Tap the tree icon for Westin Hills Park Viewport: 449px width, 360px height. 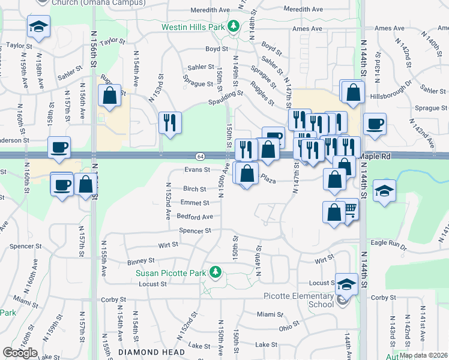point(237,27)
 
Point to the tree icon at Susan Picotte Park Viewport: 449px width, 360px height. point(214,273)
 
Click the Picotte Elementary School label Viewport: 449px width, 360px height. point(299,300)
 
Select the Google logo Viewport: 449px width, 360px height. point(20,353)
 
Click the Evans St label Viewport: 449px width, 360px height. point(197,170)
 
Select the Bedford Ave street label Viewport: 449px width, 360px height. point(194,217)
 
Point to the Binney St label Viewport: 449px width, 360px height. point(141,262)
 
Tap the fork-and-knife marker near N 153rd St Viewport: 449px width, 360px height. point(170,123)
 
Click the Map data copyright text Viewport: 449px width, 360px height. point(423,355)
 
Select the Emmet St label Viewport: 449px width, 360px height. point(194,203)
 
